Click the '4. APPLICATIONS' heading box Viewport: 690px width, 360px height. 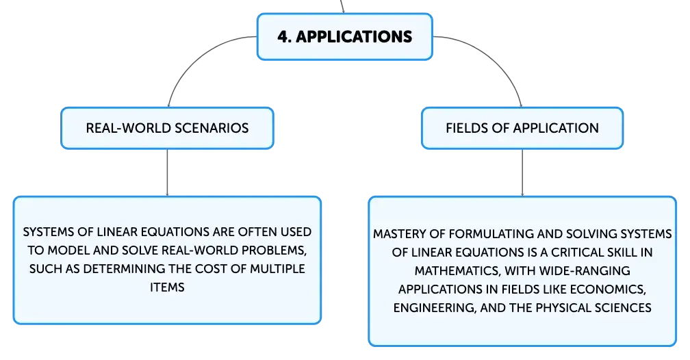point(344,36)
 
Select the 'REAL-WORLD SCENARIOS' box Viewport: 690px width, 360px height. point(167,128)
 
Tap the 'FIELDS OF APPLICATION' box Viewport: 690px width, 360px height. point(522,128)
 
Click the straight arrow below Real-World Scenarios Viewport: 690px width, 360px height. point(167,172)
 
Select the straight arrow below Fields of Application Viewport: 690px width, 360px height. point(522,172)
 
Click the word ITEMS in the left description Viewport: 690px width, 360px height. point(167,287)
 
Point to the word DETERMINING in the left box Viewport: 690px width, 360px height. point(127,269)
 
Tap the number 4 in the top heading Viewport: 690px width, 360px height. point(283,36)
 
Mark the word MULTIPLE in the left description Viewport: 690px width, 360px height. point(277,269)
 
